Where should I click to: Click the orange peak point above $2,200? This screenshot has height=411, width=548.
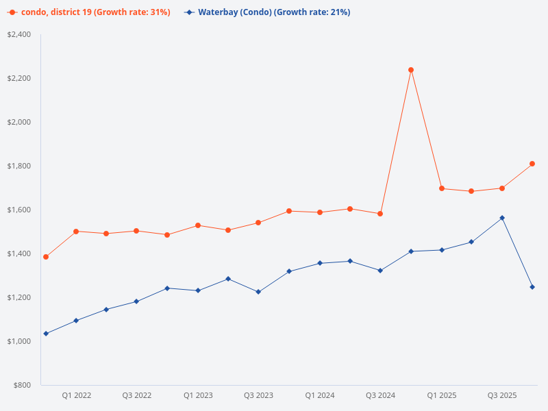411,70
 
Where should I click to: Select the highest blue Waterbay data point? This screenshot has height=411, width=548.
502,218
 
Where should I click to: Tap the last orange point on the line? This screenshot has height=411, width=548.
532,164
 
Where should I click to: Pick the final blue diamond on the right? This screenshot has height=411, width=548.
532,287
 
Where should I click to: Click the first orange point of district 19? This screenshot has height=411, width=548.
46,257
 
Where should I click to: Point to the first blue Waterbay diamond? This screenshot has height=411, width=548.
46,334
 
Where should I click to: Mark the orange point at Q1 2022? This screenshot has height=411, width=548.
76,232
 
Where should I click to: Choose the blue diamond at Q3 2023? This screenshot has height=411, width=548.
258,292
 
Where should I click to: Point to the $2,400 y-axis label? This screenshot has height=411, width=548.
19,34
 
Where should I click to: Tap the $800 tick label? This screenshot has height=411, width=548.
22,385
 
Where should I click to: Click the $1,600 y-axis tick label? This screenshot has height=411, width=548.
19,210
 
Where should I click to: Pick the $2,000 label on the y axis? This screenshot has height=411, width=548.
19,122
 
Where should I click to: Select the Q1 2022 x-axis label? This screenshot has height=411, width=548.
76,395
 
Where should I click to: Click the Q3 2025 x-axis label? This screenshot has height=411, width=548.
502,395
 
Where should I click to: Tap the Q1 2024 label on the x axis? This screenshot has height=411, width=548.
320,395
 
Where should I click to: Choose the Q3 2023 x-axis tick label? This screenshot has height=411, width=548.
258,395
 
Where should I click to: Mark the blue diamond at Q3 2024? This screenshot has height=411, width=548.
380,271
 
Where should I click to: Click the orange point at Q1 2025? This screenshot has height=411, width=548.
442,188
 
